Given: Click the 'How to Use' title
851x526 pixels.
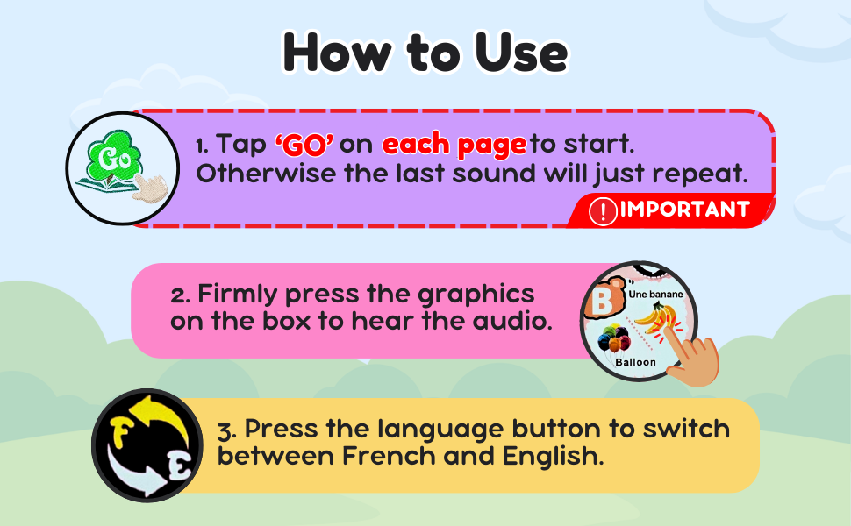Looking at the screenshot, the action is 425,52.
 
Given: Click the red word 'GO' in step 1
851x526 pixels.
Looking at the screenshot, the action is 304,145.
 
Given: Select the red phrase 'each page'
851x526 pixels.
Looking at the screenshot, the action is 454,146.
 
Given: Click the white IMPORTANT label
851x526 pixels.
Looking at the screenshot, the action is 685,210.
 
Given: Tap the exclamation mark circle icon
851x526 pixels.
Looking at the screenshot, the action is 603,211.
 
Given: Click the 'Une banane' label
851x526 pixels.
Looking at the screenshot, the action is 655,294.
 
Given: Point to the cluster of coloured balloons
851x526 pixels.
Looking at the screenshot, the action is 614,338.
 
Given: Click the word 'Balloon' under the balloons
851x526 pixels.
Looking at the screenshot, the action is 635,362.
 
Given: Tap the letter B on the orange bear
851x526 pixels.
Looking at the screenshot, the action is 601,302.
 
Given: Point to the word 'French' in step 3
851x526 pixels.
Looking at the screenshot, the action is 389,456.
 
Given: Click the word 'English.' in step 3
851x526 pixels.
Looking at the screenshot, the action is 553,457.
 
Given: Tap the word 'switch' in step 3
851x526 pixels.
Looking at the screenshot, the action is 687,429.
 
